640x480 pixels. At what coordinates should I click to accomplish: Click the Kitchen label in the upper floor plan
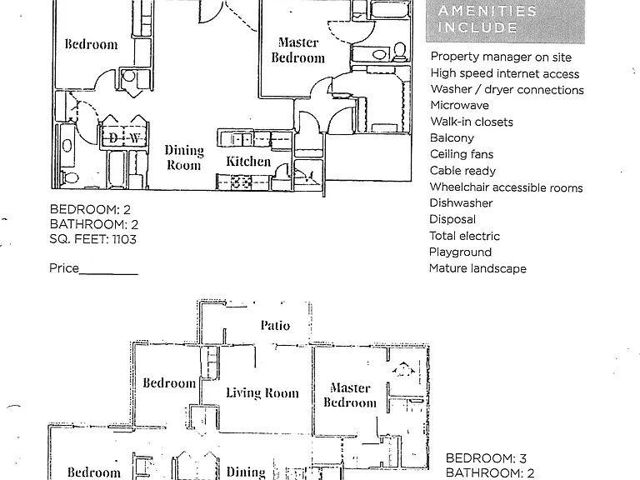248,161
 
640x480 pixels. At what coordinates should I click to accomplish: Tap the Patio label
275,325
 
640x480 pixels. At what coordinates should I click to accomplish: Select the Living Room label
262,392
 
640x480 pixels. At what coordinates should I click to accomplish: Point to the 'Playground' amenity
460,252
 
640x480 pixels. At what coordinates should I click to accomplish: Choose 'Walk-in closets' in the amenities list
472,122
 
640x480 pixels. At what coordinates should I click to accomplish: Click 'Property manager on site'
501,57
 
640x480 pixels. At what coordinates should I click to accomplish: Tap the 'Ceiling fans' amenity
462,154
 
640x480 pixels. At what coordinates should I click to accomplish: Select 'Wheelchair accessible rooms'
506,187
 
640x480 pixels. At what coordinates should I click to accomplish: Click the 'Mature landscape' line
477,268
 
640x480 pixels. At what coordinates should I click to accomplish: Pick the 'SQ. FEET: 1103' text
93,239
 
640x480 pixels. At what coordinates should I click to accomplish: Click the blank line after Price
108,274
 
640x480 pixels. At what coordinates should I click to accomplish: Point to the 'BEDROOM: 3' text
486,458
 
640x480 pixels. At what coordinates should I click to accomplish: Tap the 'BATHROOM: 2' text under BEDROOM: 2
94,224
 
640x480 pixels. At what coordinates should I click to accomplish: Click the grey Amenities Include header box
505,21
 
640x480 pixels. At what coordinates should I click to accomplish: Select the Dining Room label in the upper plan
184,157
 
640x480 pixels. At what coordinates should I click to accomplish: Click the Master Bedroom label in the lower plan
350,395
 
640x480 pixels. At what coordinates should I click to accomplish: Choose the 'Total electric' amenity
464,236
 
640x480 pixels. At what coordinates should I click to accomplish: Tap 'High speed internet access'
505,73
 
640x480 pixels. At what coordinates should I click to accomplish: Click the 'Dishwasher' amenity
461,203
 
